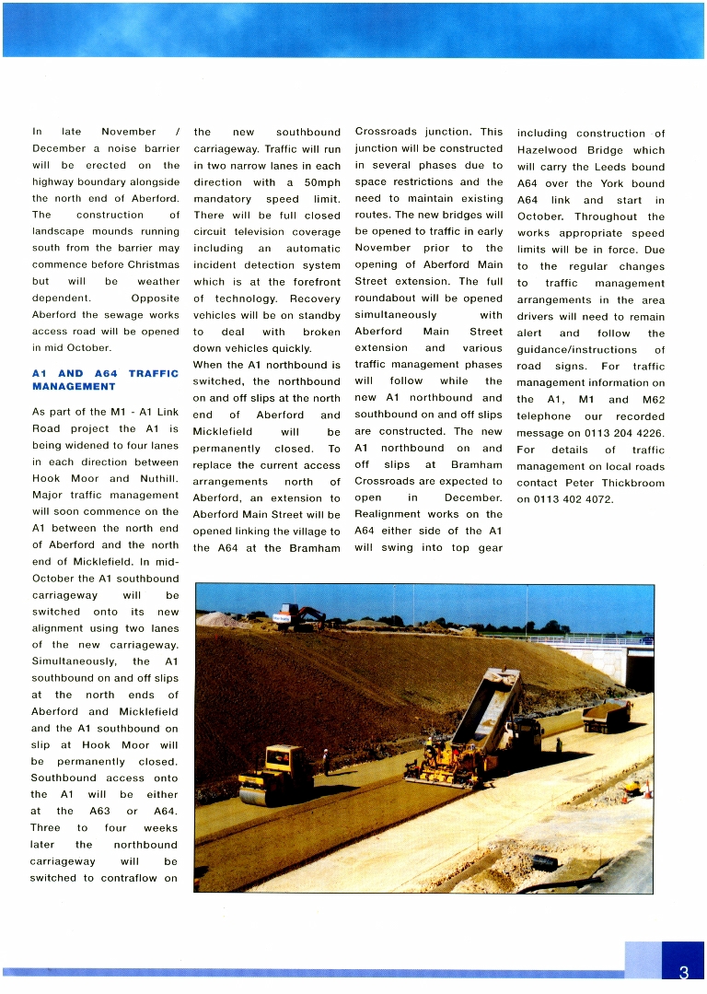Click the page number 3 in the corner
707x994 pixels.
pos(683,973)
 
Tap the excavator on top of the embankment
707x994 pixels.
pos(298,616)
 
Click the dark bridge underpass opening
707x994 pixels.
pos(639,669)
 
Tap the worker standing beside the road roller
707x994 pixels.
pos(326,761)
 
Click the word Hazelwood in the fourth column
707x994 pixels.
pos(548,150)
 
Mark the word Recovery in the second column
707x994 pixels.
pos(315,298)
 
